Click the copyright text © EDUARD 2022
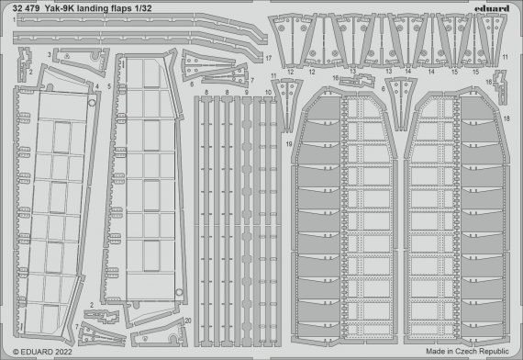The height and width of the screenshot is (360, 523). (x=44, y=351)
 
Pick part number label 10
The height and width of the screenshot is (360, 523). (x=268, y=93)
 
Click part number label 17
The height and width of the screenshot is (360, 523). (x=269, y=58)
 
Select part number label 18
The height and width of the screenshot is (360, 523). (x=507, y=119)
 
